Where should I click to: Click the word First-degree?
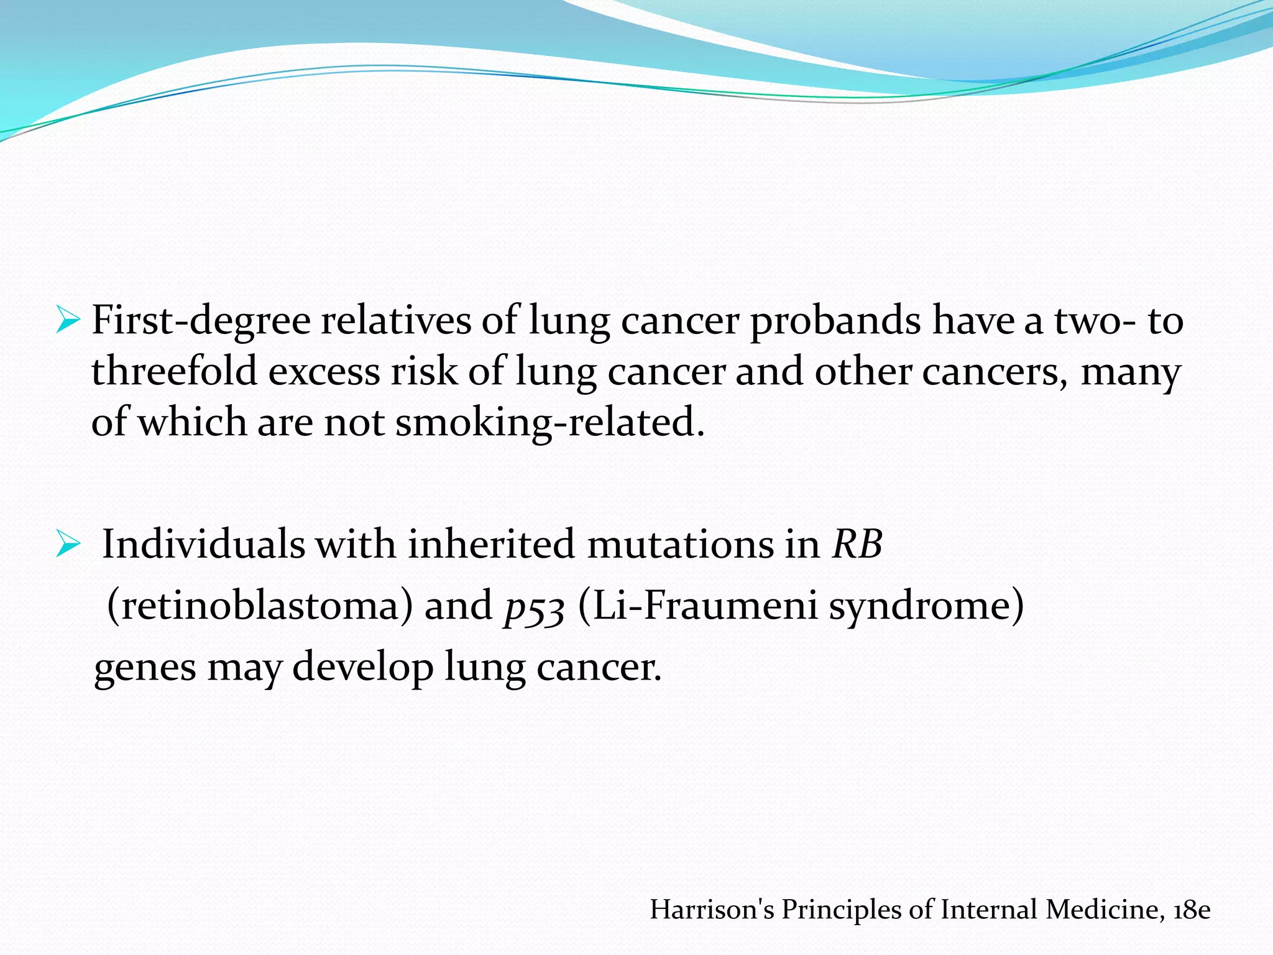point(201,321)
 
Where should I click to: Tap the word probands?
point(835,321)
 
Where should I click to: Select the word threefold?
point(174,372)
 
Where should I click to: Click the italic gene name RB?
point(857,544)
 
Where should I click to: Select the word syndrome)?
point(926,606)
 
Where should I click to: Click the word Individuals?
point(203,544)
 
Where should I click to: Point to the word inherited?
point(491,544)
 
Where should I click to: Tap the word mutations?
point(704,544)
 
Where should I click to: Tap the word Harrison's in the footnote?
point(712,910)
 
